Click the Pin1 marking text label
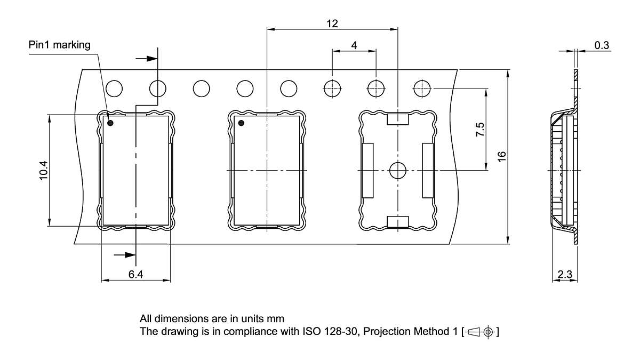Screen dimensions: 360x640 (x=60, y=45)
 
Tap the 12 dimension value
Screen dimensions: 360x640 (x=332, y=23)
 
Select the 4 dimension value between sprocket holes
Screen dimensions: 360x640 (x=354, y=45)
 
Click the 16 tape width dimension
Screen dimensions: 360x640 (x=501, y=156)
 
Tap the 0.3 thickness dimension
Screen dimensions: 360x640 (x=602, y=45)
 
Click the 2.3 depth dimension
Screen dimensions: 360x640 (x=564, y=275)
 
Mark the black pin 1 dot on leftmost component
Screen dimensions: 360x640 (x=110, y=123)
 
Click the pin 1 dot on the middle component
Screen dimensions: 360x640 (x=241, y=124)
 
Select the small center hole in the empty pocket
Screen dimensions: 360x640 (x=397, y=170)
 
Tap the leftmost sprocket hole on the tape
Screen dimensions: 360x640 (x=115, y=87)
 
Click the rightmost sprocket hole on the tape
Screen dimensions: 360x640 (x=422, y=87)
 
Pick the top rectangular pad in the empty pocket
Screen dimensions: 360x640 (x=397, y=118)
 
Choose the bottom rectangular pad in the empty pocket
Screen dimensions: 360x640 (x=397, y=222)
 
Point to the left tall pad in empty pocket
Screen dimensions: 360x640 (x=367, y=170)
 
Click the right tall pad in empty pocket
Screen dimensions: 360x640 (x=428, y=170)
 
